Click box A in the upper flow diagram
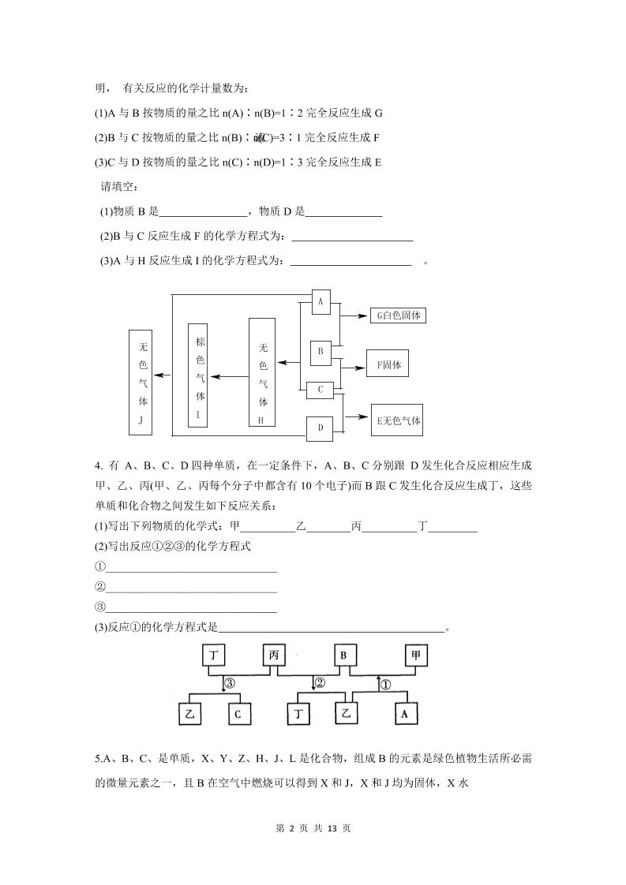(320, 302)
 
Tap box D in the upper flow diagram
(320, 428)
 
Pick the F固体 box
(388, 365)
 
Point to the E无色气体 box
(398, 420)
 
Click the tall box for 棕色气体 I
(197, 374)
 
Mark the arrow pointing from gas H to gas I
(230, 376)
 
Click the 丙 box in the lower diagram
(274, 655)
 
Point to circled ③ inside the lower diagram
(229, 683)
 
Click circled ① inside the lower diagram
(385, 684)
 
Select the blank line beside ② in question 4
(191, 587)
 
